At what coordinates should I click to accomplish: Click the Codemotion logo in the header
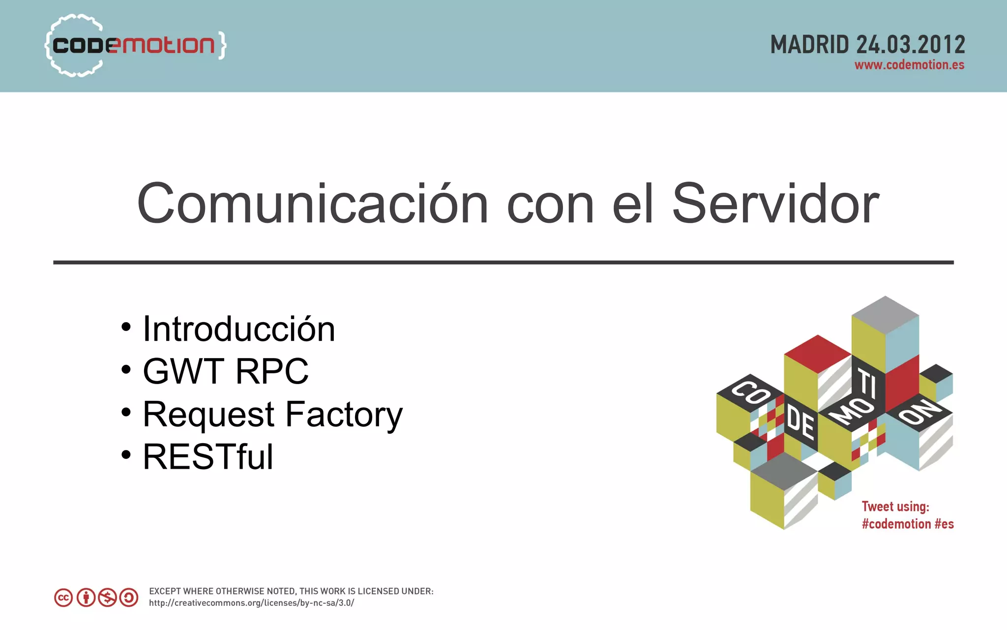[x=135, y=45]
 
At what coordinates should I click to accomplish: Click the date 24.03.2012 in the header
[x=911, y=45]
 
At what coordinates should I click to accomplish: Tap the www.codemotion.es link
[x=909, y=65]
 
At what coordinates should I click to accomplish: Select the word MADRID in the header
[x=810, y=45]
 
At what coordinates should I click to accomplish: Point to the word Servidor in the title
[x=775, y=204]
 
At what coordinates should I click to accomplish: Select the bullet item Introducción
[x=239, y=329]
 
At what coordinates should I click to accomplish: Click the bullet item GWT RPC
[x=226, y=371]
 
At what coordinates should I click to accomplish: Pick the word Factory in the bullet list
[x=344, y=414]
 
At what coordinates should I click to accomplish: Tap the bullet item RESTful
[x=208, y=457]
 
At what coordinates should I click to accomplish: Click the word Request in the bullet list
[x=208, y=414]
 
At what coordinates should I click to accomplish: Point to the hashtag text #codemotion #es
[x=908, y=524]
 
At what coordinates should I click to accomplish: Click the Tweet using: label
[x=895, y=507]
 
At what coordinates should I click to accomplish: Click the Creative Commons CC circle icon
[x=63, y=598]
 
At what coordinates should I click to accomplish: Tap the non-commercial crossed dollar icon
[x=107, y=598]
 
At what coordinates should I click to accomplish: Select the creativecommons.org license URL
[x=251, y=603]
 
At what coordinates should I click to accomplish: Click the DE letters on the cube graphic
[x=800, y=422]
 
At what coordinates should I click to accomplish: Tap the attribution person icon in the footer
[x=86, y=598]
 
